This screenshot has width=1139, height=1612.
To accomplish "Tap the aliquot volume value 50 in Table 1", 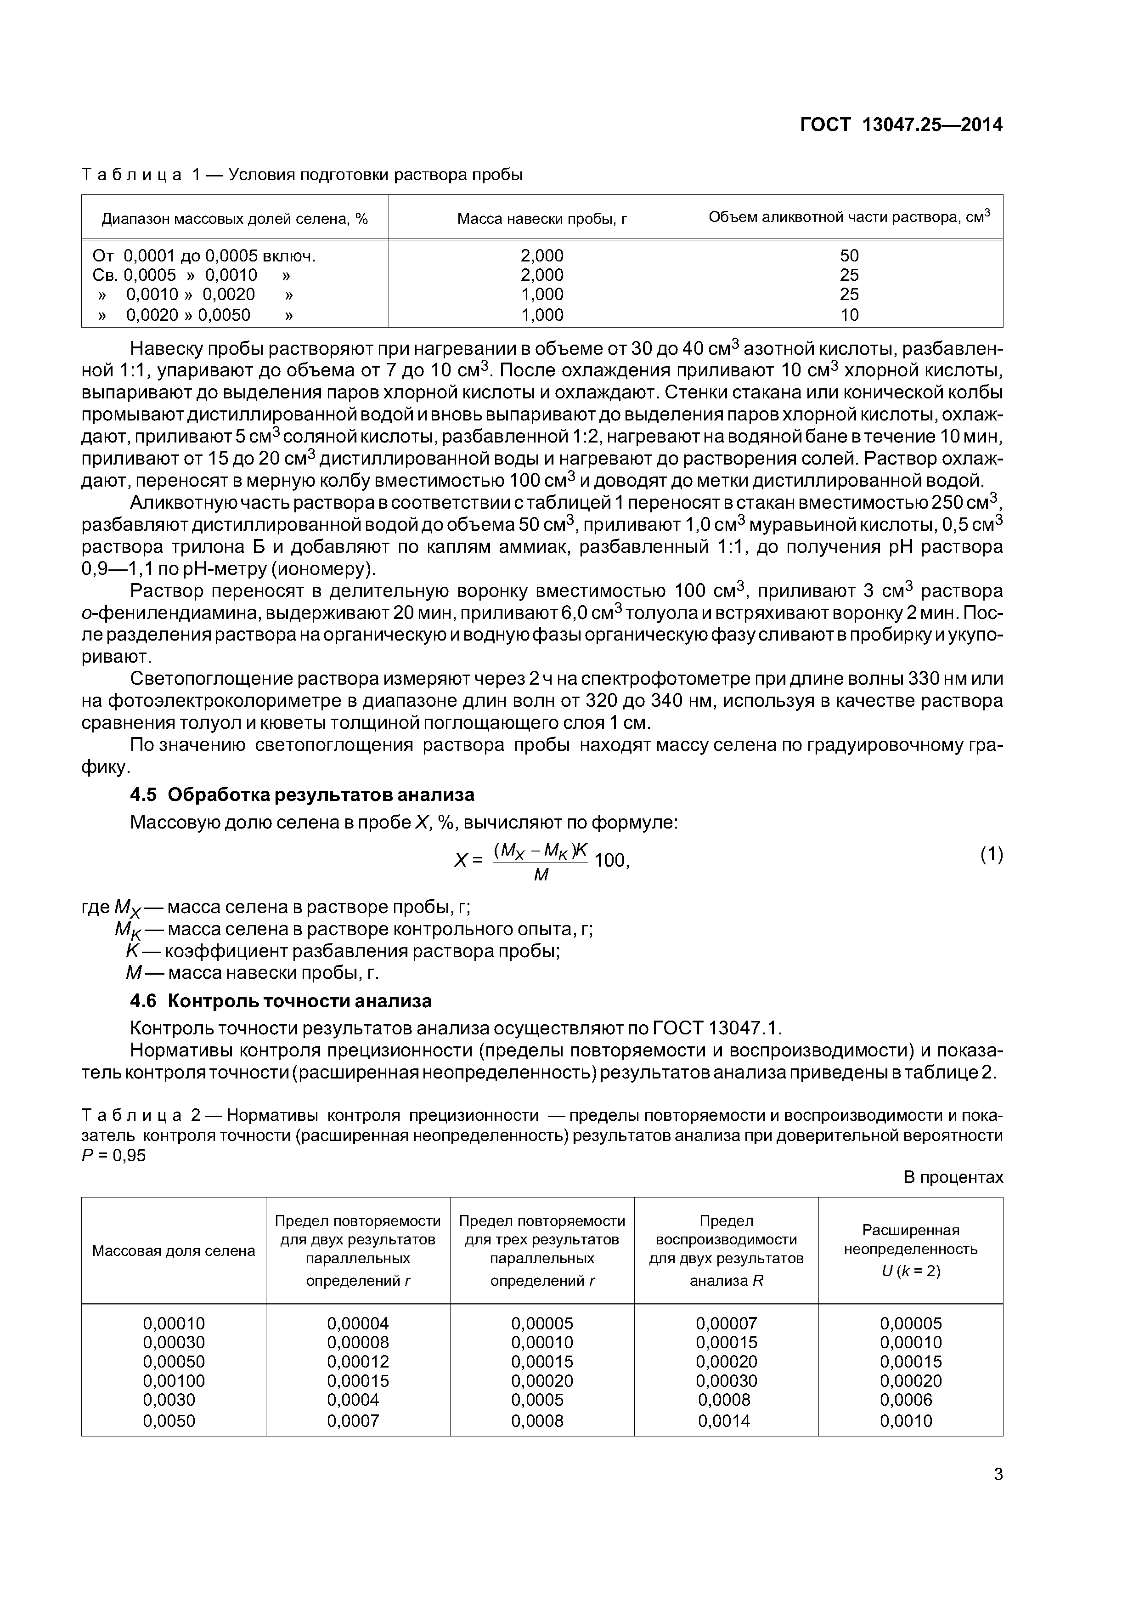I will pos(849,255).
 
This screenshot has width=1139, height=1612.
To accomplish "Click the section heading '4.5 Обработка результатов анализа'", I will pos(302,795).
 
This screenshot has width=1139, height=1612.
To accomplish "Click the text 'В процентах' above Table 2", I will pos(953,1177).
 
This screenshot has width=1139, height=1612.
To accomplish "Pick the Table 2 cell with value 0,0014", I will pos(724,1421).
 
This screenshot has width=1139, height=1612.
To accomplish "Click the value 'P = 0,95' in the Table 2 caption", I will pos(114,1155).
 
